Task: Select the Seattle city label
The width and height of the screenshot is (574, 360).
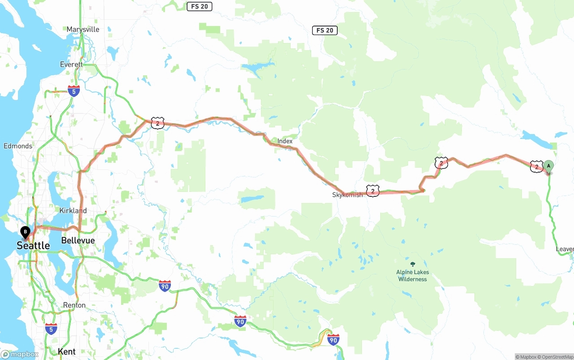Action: click(33, 245)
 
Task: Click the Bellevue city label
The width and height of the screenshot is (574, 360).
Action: click(78, 240)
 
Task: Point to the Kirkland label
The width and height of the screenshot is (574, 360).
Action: click(73, 210)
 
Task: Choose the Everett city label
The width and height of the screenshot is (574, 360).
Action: click(72, 65)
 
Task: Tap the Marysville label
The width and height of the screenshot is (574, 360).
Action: click(83, 30)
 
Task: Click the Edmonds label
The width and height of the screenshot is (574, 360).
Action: click(18, 146)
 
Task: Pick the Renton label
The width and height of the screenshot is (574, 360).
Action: click(74, 305)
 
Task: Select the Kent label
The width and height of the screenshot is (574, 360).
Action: click(67, 351)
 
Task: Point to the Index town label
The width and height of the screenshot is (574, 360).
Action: click(285, 141)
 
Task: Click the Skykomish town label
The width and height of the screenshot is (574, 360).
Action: click(347, 195)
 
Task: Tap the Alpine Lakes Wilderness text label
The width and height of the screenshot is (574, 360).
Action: click(413, 276)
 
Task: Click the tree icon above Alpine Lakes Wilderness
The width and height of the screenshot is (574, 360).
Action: click(413, 264)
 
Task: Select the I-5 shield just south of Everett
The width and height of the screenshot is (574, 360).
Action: click(74, 91)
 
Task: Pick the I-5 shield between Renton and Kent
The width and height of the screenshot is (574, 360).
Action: click(51, 329)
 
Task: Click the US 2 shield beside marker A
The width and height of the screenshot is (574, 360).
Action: click(536, 167)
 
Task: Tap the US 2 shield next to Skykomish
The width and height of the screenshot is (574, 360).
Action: click(373, 191)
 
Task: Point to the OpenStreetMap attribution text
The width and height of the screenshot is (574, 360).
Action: click(556, 357)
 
